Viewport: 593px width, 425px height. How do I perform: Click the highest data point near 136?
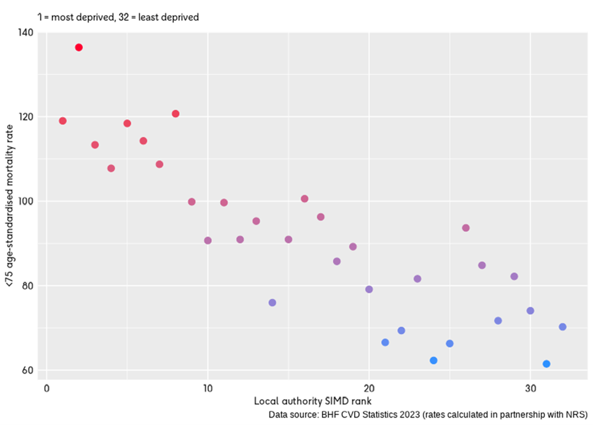[x=79, y=47]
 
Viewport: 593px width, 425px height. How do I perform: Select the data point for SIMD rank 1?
[x=63, y=121]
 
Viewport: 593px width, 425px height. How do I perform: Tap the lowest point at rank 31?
[x=546, y=364]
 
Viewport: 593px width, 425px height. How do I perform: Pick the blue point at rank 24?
[x=434, y=361]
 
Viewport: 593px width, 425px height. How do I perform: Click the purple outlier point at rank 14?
[x=272, y=303]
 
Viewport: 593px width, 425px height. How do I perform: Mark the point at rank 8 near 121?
[x=176, y=114]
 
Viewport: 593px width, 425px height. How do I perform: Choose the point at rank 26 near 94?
[x=466, y=228]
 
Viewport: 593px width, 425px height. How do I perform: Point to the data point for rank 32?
[x=563, y=327]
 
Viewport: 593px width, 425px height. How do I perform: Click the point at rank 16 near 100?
[x=304, y=198]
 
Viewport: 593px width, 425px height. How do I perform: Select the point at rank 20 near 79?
[x=369, y=289]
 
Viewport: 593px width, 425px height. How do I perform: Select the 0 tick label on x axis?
[x=46, y=389]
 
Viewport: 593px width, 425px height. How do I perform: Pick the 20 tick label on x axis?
[x=369, y=389]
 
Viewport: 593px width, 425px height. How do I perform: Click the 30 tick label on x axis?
[x=530, y=389]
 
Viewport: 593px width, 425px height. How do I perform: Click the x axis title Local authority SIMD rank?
[x=312, y=401]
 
